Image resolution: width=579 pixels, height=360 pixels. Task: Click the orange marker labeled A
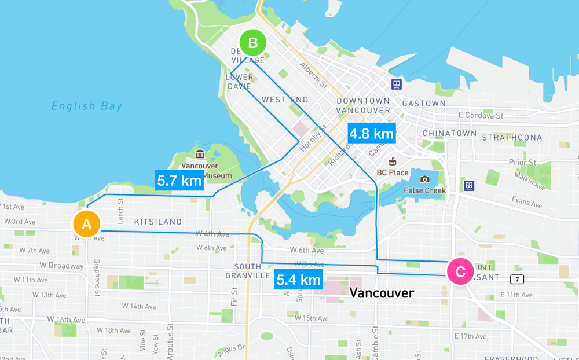[86, 224]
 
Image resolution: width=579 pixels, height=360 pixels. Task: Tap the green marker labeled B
[252, 43]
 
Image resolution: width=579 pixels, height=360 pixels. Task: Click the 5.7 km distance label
[179, 180]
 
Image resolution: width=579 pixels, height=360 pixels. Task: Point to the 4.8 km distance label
[371, 133]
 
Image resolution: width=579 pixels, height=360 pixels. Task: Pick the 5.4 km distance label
[298, 280]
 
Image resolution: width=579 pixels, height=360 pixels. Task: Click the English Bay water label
[87, 106]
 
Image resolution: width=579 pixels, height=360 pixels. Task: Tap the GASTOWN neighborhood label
[424, 104]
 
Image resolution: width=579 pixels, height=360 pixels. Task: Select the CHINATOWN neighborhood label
[449, 133]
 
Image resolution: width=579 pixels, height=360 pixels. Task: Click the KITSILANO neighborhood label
[157, 222]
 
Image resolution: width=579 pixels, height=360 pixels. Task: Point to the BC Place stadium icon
[393, 161]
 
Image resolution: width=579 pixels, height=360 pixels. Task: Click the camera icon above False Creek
[425, 179]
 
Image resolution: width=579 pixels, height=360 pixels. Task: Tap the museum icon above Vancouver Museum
[200, 154]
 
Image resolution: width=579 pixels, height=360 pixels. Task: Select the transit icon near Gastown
[397, 85]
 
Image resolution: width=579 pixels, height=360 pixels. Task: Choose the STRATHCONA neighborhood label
[512, 138]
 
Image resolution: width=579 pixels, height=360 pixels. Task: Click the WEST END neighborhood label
[285, 100]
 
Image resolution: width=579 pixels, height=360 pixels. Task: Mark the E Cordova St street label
[480, 116]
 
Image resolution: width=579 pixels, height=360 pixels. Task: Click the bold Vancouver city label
[382, 293]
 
